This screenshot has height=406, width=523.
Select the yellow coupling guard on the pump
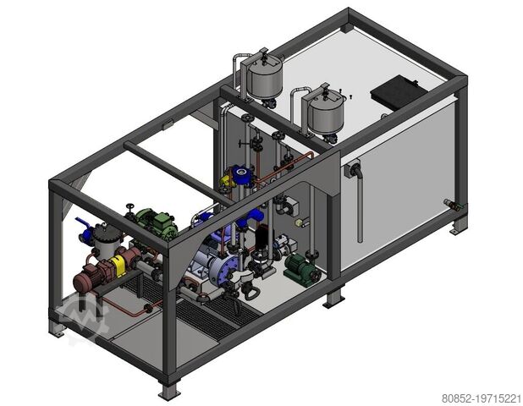coord(118,266)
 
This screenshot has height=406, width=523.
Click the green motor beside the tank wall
coord(300,269)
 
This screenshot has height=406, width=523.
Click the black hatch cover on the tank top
coord(397,89)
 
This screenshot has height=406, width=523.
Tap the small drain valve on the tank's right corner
coord(449,204)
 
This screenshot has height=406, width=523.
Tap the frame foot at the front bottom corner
coord(168,392)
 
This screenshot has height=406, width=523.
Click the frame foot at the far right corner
coord(458,227)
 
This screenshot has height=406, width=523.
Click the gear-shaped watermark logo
coord(81,319)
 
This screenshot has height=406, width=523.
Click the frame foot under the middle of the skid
coord(333,298)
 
